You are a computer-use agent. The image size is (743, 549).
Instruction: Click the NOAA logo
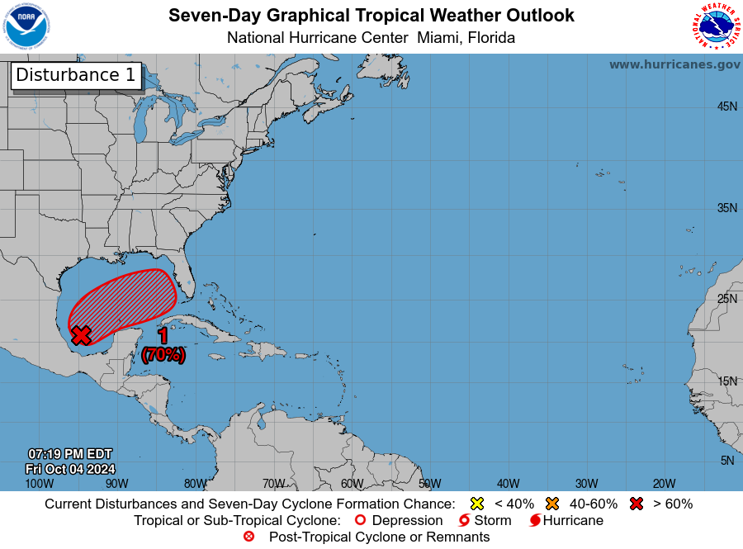click(x=26, y=26)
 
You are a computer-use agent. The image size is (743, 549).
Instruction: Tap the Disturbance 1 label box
click(x=76, y=75)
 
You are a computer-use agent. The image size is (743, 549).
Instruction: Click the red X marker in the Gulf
click(x=81, y=335)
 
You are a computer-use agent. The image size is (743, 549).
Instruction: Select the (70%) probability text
click(x=163, y=355)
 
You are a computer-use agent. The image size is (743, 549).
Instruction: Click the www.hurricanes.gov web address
click(x=674, y=64)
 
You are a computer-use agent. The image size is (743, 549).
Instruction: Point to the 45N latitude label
click(x=726, y=106)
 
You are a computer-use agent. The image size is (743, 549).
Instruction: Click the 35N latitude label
click(x=726, y=208)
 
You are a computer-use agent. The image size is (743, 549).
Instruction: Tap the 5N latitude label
click(x=727, y=461)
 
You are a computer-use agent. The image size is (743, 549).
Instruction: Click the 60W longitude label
click(x=352, y=483)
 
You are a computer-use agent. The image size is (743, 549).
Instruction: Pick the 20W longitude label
click(x=664, y=483)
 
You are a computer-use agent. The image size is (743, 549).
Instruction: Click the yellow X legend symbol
click(x=476, y=504)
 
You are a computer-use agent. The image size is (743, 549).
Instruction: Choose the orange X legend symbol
click(x=552, y=504)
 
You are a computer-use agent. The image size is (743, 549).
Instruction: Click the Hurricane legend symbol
click(x=535, y=521)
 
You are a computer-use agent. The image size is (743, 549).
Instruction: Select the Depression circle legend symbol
click(x=359, y=521)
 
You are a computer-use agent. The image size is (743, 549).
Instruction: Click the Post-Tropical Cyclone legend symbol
click(x=248, y=537)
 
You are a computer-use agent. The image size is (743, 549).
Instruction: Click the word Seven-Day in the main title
click(x=206, y=16)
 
